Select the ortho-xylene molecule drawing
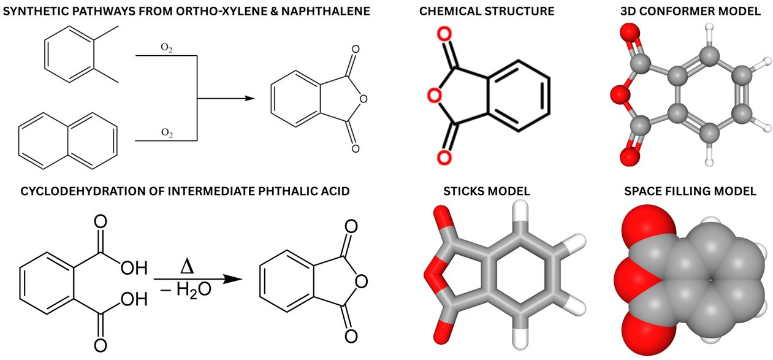[82, 54]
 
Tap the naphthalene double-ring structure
[67, 141]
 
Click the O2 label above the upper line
[167, 48]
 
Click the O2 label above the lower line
[167, 133]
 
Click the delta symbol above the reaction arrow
[187, 267]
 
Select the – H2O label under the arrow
[186, 290]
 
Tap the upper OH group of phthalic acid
[134, 268]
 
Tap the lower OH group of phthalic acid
[134, 299]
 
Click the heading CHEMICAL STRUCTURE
[487, 12]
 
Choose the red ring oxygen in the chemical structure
[435, 95]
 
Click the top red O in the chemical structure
[444, 34]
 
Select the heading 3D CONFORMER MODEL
[690, 12]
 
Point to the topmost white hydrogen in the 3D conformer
[709, 27]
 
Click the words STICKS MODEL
[487, 191]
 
